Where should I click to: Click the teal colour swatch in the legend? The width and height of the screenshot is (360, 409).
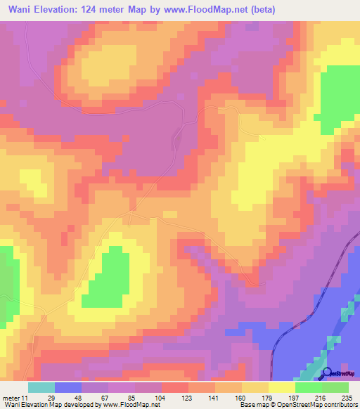(x=41, y=387)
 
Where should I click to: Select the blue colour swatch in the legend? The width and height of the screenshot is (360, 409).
(x=68, y=387)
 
